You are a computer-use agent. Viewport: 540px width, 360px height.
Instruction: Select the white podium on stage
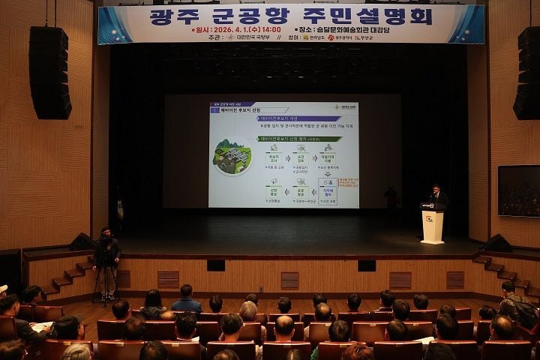click(433, 224)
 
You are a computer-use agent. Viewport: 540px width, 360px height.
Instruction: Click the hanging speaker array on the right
click(526, 73)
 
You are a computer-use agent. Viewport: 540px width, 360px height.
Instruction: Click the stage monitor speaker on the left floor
click(82, 241)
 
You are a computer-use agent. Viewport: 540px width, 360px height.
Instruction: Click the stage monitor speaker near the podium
click(497, 243)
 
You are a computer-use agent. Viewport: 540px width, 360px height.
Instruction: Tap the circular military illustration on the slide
click(232, 156)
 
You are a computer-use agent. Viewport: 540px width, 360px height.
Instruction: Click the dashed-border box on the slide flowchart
click(328, 191)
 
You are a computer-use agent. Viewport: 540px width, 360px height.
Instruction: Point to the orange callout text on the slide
click(347, 184)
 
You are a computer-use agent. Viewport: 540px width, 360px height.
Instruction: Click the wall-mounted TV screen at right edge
click(518, 190)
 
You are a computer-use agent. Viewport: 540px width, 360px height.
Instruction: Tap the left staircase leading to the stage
click(63, 279)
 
